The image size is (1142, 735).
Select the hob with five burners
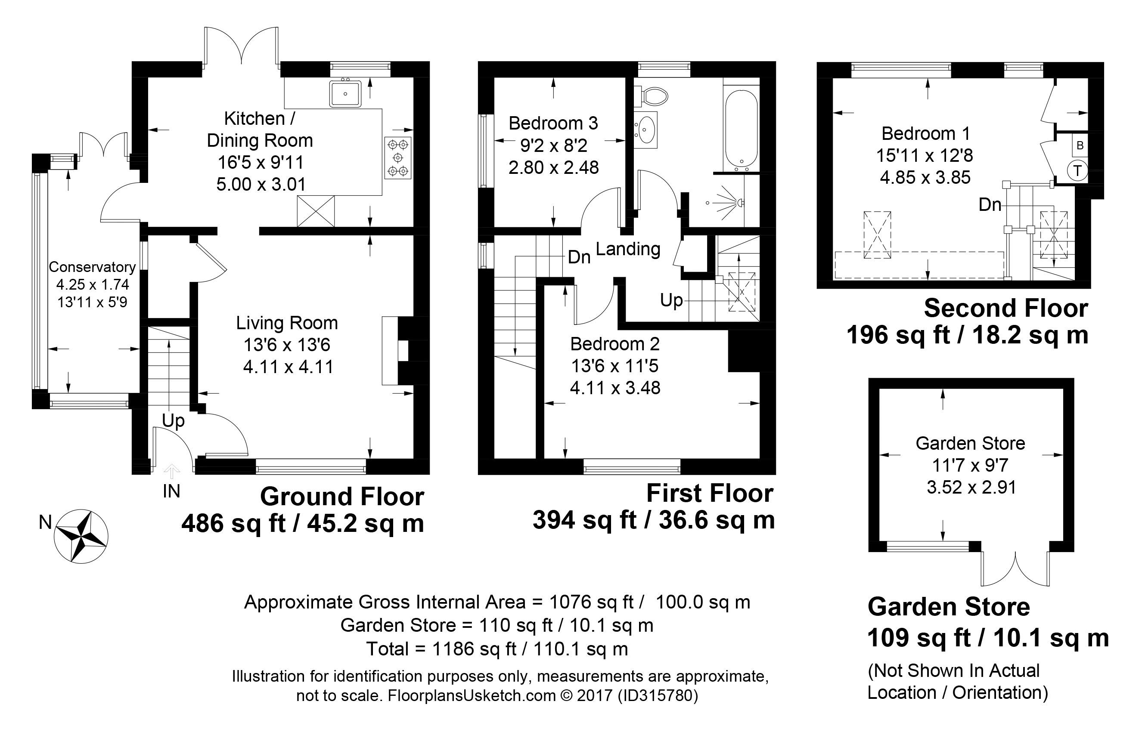[x=398, y=157]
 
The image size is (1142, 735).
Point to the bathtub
[x=741, y=129]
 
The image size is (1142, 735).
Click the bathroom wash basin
[x=646, y=128]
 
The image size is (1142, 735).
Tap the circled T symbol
[x=1078, y=170]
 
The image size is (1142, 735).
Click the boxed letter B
[x=1080, y=145]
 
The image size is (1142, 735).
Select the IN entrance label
[x=171, y=491]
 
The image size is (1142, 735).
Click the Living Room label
[x=286, y=323]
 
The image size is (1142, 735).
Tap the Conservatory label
[x=92, y=267]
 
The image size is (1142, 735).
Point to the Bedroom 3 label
[x=552, y=123]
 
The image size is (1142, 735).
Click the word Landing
[x=628, y=249]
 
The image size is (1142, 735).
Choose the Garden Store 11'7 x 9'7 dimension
[x=970, y=465]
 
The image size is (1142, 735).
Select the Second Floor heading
[x=1005, y=308]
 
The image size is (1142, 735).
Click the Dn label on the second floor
[x=990, y=205]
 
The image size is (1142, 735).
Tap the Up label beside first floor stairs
[x=671, y=300]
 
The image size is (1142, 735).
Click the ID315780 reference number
[x=658, y=695]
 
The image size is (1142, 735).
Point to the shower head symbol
[x=739, y=202]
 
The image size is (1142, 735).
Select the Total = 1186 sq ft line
[x=497, y=649]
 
